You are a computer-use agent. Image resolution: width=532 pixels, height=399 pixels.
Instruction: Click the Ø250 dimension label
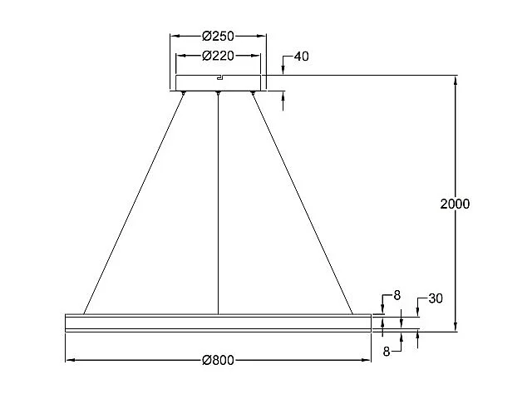tap(219, 36)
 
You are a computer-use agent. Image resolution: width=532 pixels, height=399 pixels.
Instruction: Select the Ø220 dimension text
tap(219, 56)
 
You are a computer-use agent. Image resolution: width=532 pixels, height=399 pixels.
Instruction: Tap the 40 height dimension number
tap(301, 57)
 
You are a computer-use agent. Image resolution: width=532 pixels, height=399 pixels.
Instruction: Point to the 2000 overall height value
tap(455, 204)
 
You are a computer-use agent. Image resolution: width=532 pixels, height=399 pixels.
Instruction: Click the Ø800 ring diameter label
tap(219, 360)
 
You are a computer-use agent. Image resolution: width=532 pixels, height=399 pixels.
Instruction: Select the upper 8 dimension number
tap(397, 294)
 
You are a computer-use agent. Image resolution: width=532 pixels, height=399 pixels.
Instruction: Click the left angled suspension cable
tap(133, 204)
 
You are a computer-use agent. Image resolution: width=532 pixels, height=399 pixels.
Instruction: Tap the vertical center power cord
tap(218, 204)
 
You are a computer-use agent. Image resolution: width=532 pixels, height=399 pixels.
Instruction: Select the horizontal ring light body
tap(218, 323)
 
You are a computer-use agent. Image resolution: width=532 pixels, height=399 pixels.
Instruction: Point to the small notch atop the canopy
tap(219, 77)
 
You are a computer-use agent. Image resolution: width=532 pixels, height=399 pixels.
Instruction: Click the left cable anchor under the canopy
tap(183, 93)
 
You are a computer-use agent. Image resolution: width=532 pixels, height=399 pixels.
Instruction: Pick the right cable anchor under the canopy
tap(254, 93)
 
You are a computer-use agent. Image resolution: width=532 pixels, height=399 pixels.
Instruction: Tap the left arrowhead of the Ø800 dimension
tap(69, 360)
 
